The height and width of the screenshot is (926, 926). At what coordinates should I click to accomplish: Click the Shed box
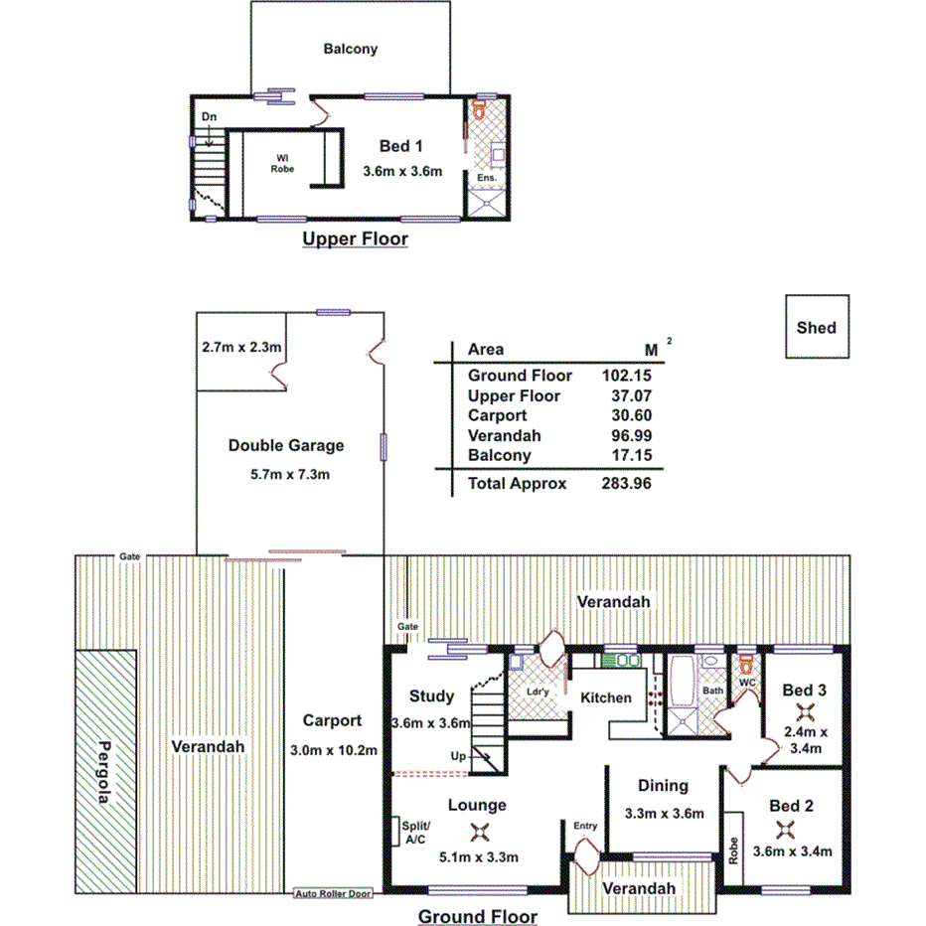pyautogui.click(x=816, y=327)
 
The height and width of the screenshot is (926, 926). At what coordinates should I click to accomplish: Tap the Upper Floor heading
pyautogui.click(x=355, y=239)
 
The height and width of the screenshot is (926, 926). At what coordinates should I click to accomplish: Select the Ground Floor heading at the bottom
pyautogui.click(x=477, y=916)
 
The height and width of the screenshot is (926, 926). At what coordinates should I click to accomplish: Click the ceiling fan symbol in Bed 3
pyautogui.click(x=805, y=712)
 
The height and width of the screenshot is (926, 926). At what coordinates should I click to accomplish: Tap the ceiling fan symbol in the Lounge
pyautogui.click(x=479, y=833)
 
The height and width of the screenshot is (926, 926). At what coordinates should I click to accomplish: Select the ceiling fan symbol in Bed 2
pyautogui.click(x=786, y=830)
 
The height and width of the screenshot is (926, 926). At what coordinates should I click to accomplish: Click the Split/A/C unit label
pyautogui.click(x=414, y=833)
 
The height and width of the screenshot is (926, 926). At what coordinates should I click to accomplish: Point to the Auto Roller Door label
pyautogui.click(x=333, y=893)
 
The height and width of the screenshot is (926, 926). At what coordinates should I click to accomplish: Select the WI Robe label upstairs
pyautogui.click(x=283, y=163)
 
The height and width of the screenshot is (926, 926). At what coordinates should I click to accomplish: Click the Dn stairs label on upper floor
pyautogui.click(x=209, y=117)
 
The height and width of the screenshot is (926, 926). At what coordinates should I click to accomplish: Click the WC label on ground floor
pyautogui.click(x=747, y=682)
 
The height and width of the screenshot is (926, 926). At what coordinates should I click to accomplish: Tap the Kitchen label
pyautogui.click(x=605, y=697)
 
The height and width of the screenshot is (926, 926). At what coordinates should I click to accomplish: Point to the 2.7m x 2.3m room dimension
pyautogui.click(x=241, y=348)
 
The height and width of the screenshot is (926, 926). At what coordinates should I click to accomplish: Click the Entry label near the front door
pyautogui.click(x=585, y=826)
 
